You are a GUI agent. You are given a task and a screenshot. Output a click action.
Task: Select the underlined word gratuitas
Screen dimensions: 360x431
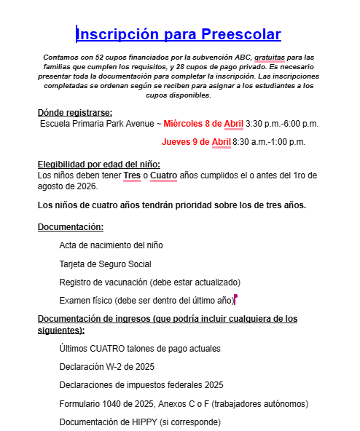264,57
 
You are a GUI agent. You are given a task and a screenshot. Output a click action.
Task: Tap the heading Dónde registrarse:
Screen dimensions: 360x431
75,112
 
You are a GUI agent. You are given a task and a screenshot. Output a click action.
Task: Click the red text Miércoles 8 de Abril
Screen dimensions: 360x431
203,123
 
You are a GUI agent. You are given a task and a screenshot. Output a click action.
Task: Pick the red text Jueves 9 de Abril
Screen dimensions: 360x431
196,141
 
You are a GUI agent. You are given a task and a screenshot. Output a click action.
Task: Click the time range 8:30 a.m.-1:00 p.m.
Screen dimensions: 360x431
269,141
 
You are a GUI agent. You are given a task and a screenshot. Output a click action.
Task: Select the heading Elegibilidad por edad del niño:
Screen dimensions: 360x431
98,165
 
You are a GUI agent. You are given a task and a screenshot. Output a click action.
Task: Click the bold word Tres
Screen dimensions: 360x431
132,175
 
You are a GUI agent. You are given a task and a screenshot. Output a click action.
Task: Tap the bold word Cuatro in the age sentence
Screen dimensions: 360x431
163,175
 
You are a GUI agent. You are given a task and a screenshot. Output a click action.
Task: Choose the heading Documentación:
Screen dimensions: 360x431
71,227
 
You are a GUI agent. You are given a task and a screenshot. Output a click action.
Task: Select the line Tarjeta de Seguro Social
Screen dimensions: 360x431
105,264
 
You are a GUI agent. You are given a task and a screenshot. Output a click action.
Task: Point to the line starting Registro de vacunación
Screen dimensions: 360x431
149,282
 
